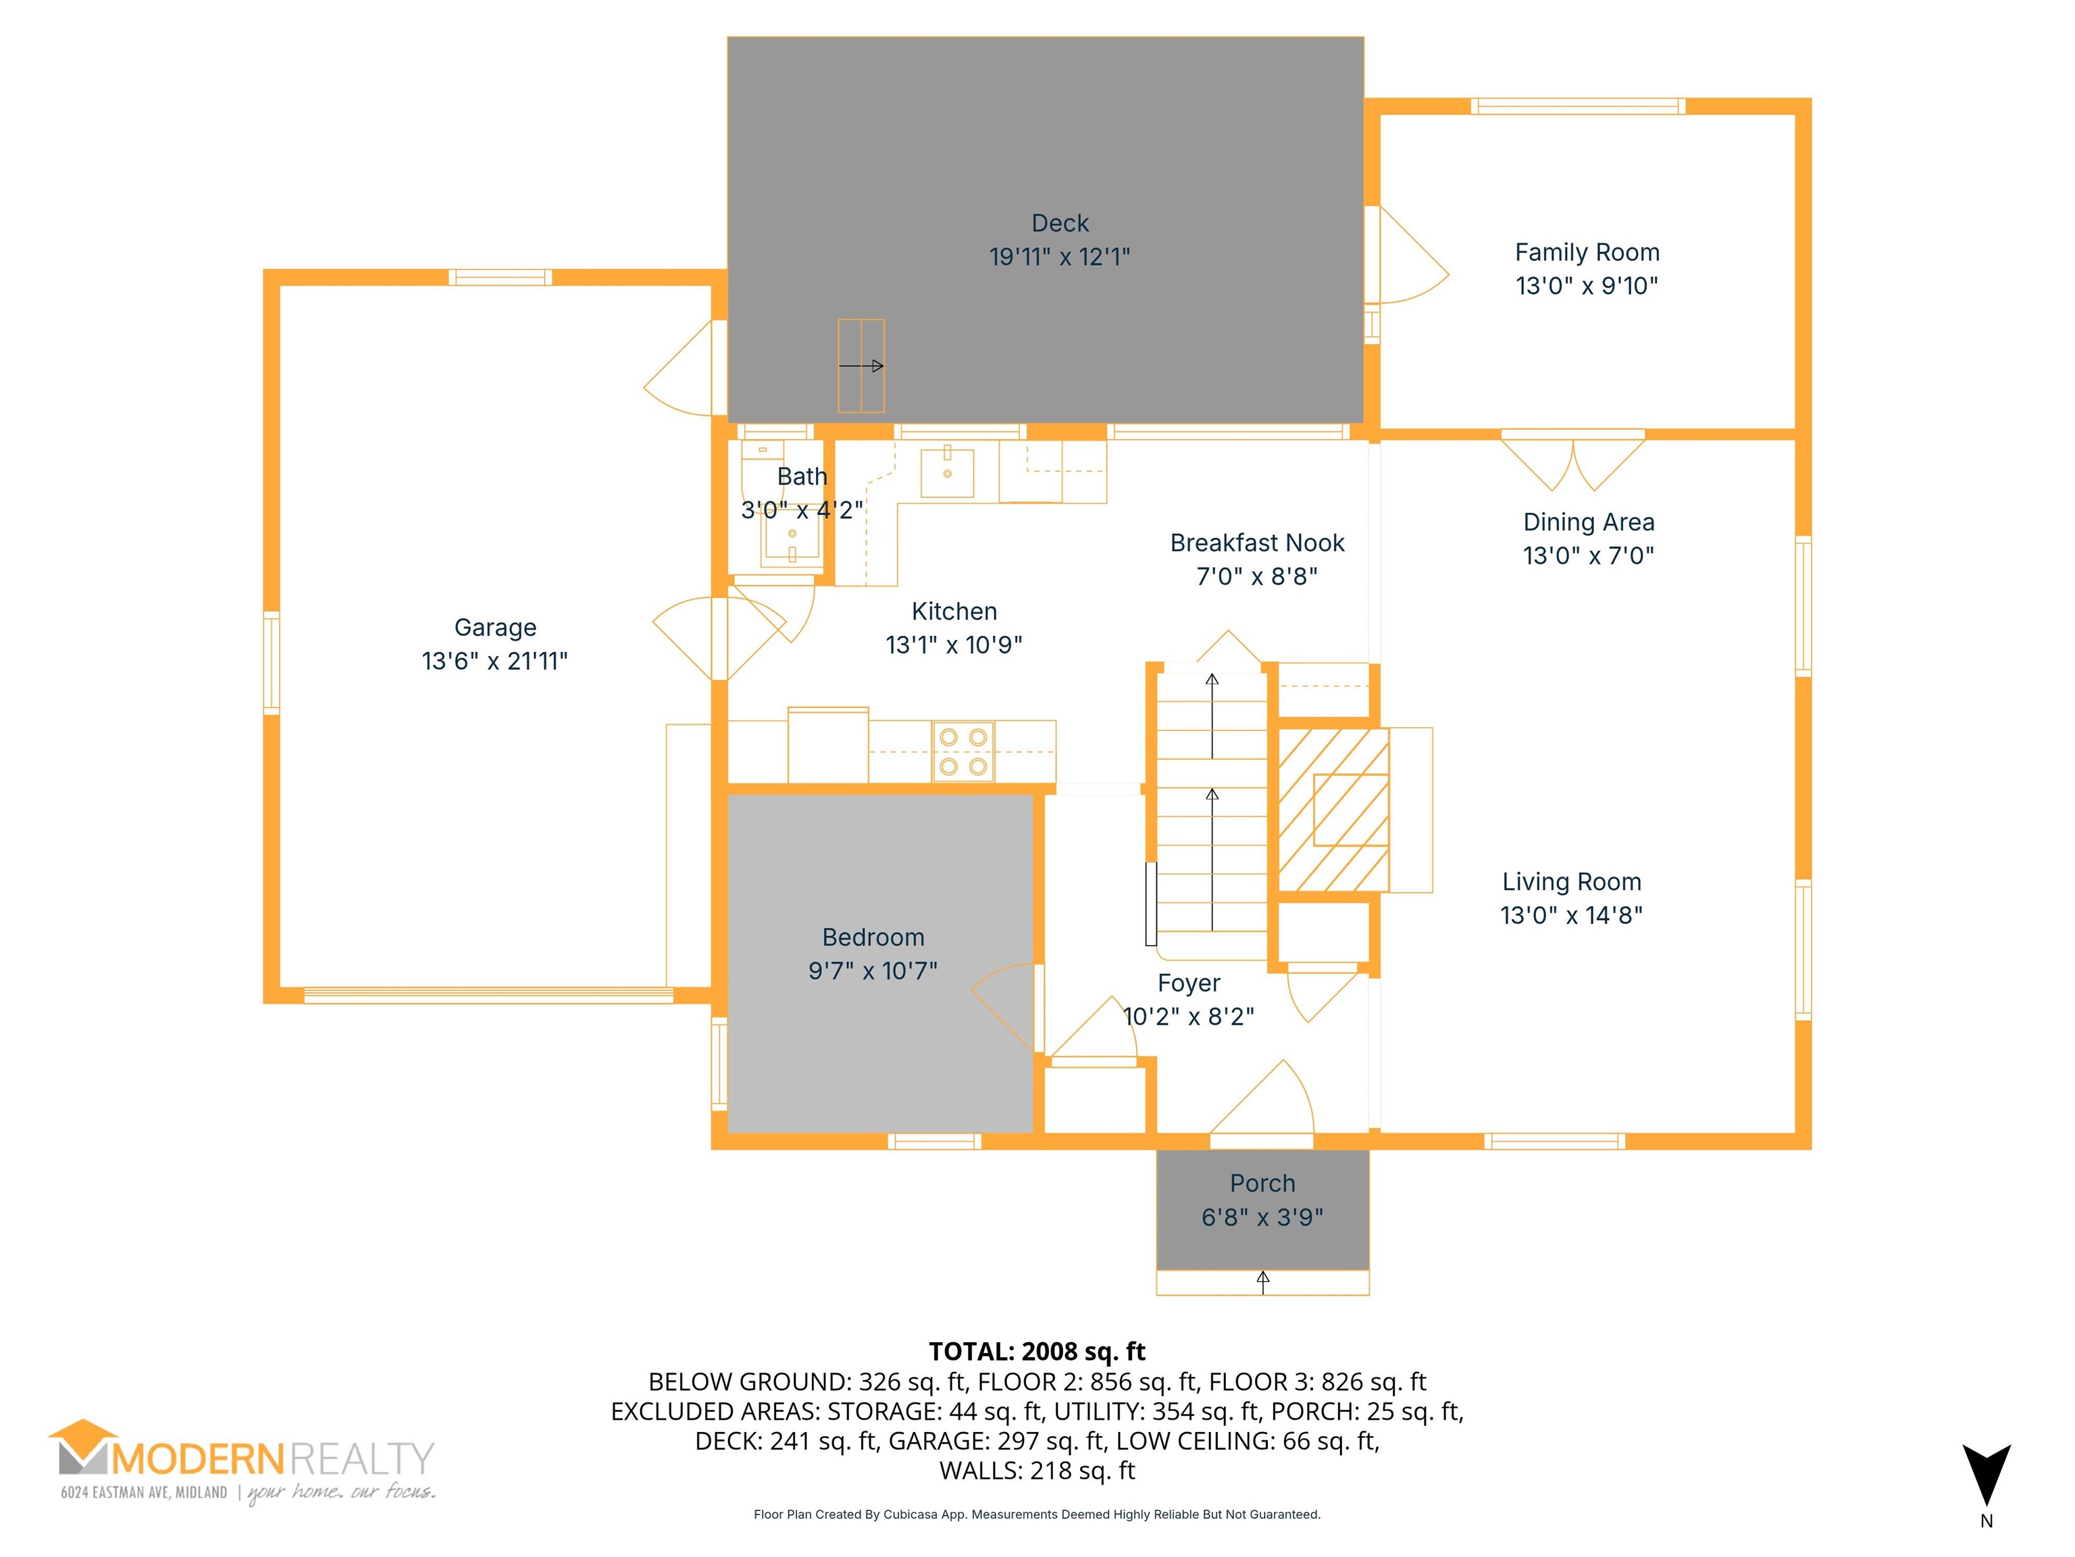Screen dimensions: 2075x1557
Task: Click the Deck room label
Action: (1060, 224)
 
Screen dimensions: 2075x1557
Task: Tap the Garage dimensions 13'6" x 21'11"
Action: (495, 661)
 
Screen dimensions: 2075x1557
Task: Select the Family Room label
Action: (1587, 253)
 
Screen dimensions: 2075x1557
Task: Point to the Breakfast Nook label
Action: (1257, 543)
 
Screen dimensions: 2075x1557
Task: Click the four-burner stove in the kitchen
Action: (963, 751)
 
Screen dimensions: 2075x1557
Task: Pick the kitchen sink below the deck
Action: (948, 473)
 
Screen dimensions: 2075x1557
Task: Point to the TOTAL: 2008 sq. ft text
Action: (1037, 1352)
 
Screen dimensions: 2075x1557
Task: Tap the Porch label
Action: (1262, 1183)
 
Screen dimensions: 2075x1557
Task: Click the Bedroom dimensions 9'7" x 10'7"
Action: (873, 970)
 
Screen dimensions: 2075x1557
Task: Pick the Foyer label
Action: (1189, 983)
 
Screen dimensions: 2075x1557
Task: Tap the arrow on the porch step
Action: (1262, 1283)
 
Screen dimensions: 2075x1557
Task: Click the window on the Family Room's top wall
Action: (1578, 106)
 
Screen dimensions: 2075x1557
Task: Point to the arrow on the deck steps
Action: (861, 366)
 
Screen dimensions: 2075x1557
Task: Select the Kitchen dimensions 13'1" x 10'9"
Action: (954, 645)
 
